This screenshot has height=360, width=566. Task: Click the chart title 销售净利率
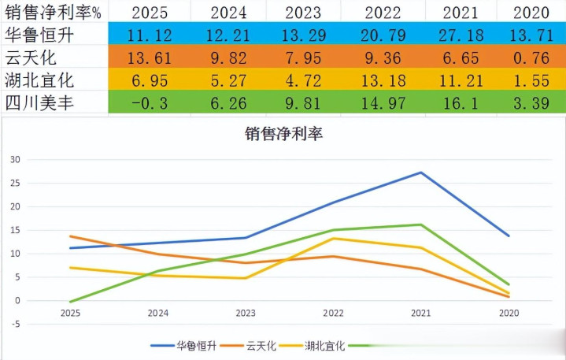(x=284, y=134)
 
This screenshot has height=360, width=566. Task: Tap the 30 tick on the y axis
(x=14, y=159)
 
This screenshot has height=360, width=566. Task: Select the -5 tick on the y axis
(x=14, y=324)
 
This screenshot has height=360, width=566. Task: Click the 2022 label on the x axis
(x=333, y=313)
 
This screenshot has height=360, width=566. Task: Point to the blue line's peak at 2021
(x=421, y=173)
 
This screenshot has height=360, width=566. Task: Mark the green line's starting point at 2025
(x=70, y=302)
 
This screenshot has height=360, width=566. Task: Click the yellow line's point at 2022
(x=333, y=238)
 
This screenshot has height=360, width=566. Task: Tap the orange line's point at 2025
(x=70, y=236)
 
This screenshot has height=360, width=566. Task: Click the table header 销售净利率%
(x=53, y=12)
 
